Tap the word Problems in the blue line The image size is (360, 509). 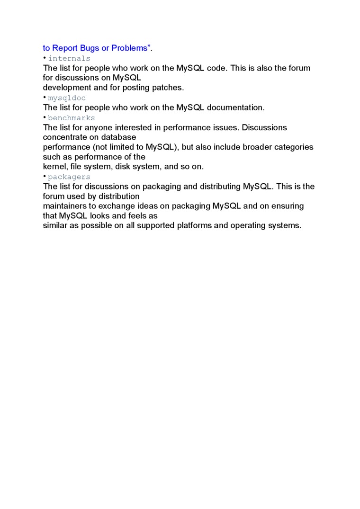point(131,48)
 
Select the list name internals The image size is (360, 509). point(69,58)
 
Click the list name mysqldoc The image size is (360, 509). point(67,98)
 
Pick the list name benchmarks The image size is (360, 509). point(72,118)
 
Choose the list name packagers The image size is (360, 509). point(69,177)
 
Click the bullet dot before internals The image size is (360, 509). point(45,58)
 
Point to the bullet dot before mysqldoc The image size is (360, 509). point(45,98)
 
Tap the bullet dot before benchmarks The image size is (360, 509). point(45,117)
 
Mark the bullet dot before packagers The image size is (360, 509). point(45,177)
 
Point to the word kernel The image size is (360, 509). point(54,167)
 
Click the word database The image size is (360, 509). point(118,137)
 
